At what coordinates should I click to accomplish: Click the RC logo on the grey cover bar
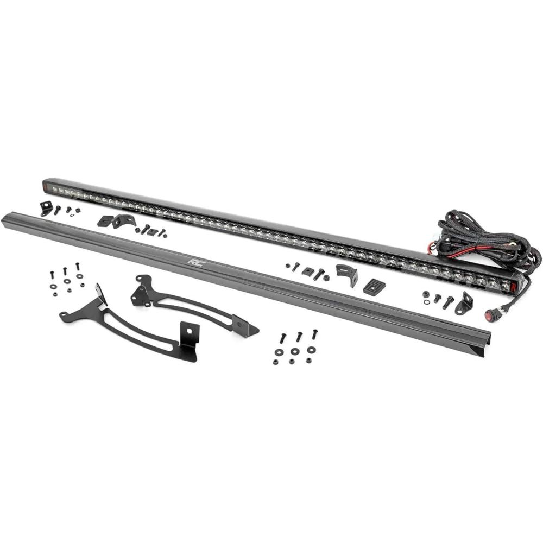point(197,263)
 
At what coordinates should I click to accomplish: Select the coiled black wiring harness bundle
point(484,239)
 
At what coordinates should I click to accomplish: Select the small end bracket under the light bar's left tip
point(46,209)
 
